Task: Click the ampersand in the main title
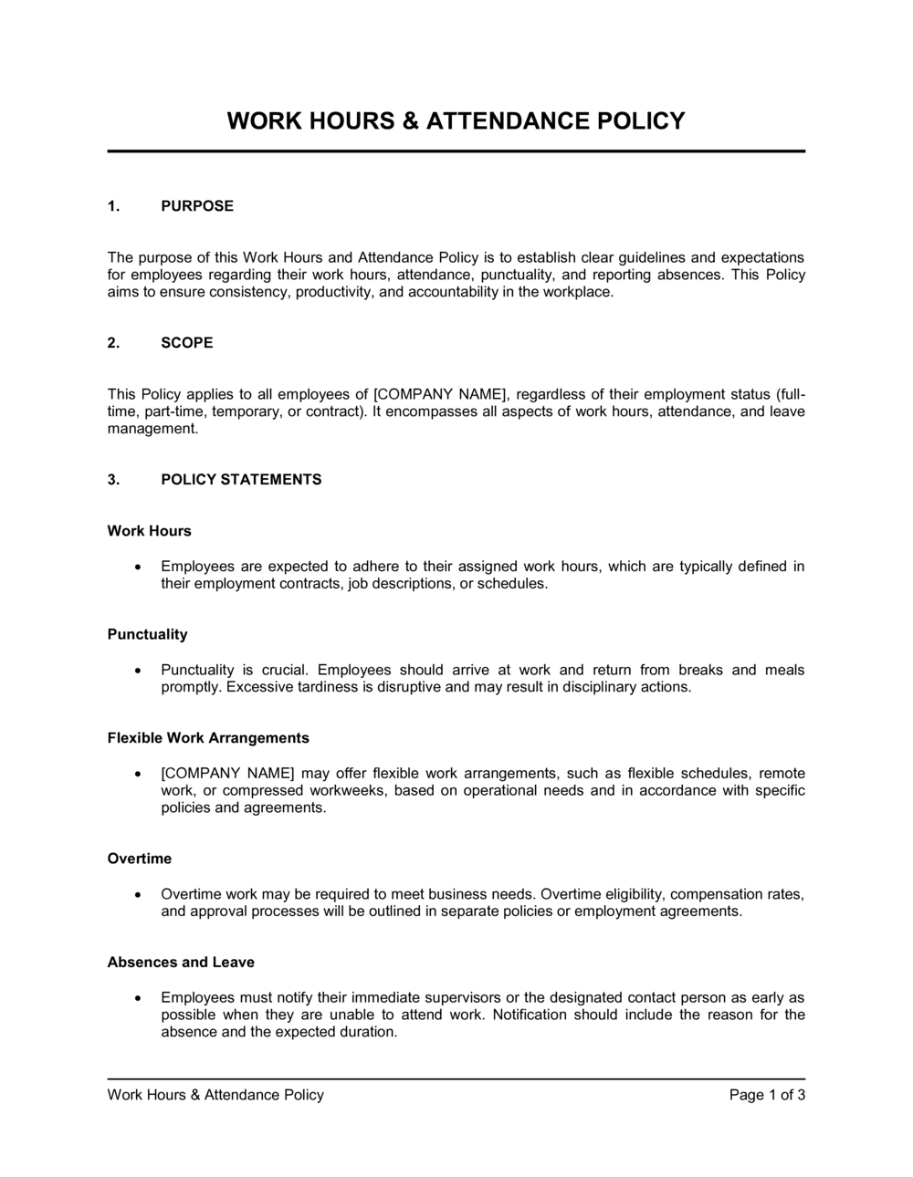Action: [412, 121]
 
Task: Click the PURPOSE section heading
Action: [197, 206]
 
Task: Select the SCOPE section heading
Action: [187, 343]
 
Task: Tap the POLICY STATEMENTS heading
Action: [241, 480]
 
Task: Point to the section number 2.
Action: [113, 343]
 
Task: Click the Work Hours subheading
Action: [150, 531]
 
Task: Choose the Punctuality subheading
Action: [148, 635]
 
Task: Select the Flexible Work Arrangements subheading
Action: [208, 738]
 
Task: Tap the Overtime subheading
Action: [140, 859]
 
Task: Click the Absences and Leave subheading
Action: [181, 963]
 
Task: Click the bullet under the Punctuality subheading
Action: [137, 671]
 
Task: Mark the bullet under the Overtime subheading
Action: [137, 895]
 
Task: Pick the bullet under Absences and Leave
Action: [137, 998]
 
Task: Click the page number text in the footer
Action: [767, 1095]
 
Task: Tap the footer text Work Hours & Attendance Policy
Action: [215, 1095]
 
